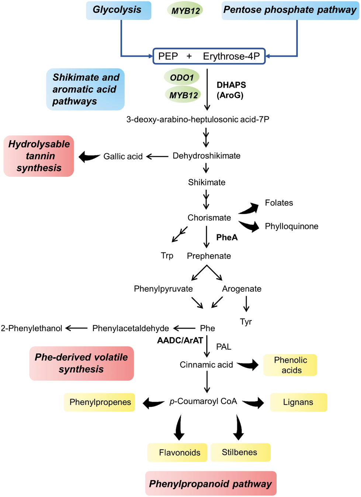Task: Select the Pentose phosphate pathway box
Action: point(290,10)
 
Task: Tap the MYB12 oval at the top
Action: point(185,11)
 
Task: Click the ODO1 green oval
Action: point(182,77)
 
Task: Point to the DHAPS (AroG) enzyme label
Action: point(231,90)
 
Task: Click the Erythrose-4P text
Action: point(231,56)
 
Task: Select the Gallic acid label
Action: point(123,157)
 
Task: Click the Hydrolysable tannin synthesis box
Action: point(39,156)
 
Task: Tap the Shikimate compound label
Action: point(206,182)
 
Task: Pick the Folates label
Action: point(279,203)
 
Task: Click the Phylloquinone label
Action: point(291,226)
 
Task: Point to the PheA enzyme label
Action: point(227,237)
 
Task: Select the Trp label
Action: point(167,255)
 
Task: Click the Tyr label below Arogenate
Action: point(246,322)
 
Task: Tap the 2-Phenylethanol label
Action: point(31,328)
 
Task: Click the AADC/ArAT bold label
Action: point(180,340)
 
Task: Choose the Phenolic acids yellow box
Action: point(290,365)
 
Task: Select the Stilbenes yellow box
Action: point(240,452)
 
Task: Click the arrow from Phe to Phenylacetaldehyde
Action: point(184,328)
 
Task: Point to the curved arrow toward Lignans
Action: point(254,403)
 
